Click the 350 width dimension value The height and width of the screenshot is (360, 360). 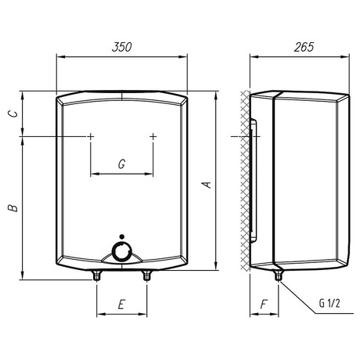(122, 47)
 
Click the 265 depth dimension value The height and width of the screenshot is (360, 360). (304, 47)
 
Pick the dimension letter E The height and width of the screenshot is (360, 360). (121, 304)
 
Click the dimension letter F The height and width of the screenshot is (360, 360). (264, 304)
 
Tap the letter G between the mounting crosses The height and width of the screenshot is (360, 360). (121, 164)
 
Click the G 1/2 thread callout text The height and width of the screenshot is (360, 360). (329, 303)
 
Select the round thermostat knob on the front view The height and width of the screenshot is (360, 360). (121, 252)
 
